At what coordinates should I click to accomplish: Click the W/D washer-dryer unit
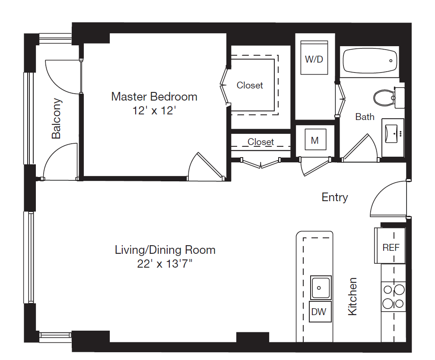coord(314,57)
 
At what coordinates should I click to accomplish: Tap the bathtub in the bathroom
coord(370,61)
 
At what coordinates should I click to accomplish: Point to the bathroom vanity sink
coord(391,133)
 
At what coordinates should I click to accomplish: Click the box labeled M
coord(315,139)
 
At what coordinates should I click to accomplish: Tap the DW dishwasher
coord(320,312)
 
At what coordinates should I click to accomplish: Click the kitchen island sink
coord(321,287)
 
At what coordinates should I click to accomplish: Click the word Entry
coord(335,197)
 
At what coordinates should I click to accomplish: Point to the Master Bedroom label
coord(154,96)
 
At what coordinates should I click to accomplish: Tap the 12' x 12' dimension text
coord(154,111)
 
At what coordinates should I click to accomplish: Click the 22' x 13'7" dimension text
coord(165,264)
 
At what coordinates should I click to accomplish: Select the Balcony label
coord(56,118)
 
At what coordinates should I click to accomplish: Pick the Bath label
coord(365,117)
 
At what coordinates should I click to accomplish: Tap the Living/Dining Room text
coord(165,249)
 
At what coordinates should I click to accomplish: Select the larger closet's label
coord(250,85)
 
